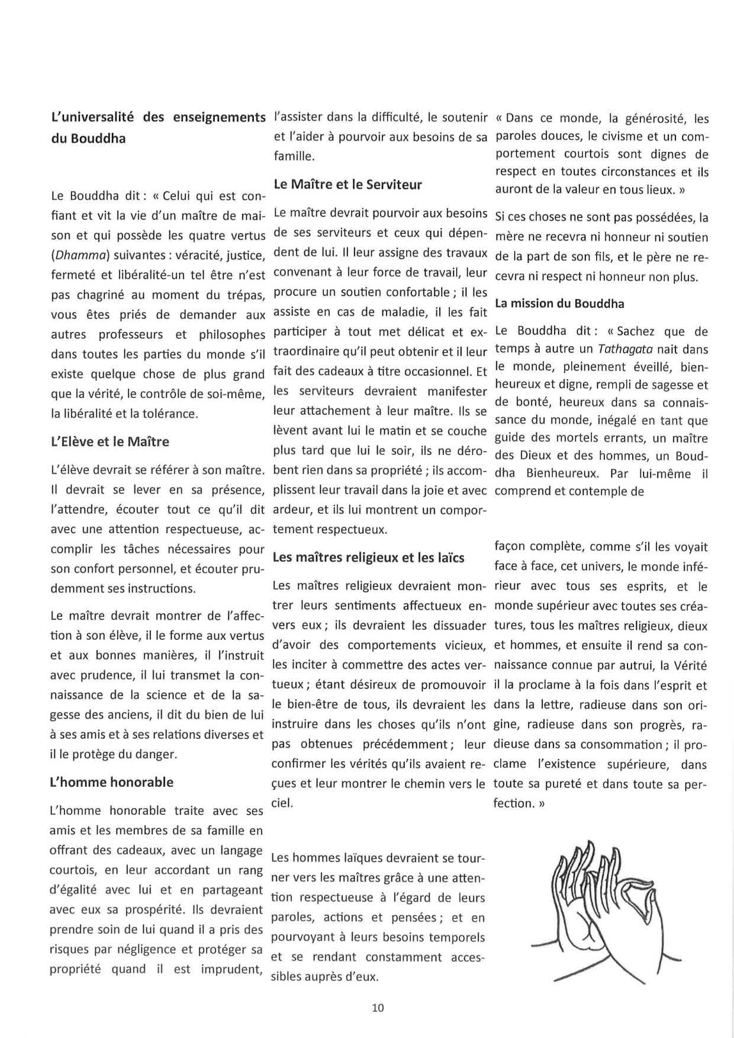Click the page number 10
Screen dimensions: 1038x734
(x=378, y=1007)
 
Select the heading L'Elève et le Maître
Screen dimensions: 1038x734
(x=110, y=441)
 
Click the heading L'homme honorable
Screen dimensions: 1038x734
(x=112, y=782)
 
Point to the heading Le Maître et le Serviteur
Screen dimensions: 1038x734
(x=348, y=184)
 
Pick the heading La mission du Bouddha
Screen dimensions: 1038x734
(x=559, y=303)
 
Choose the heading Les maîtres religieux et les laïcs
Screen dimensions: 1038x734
(x=368, y=558)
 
